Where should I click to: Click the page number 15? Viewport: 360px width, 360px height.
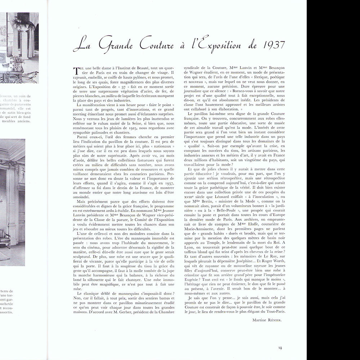pyautogui.click(x=280, y=347)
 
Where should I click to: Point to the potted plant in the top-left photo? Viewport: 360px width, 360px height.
pyautogui.click(x=23, y=22)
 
